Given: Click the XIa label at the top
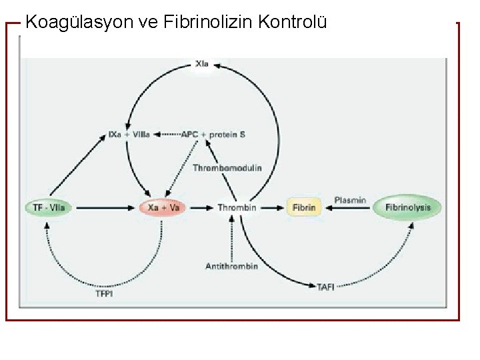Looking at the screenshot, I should (x=202, y=64).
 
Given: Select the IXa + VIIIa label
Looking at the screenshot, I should (x=129, y=134).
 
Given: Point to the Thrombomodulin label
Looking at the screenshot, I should (x=227, y=168).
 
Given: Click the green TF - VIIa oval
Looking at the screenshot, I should (x=49, y=207).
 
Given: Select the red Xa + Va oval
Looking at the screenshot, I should (x=163, y=207).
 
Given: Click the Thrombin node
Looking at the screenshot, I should (x=237, y=207).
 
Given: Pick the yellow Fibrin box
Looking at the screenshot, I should (x=304, y=207).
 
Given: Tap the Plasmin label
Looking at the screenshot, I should (x=349, y=199).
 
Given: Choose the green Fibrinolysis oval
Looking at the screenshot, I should (x=408, y=207).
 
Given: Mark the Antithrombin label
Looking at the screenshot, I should (x=231, y=266).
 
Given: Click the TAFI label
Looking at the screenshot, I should (x=326, y=287).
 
